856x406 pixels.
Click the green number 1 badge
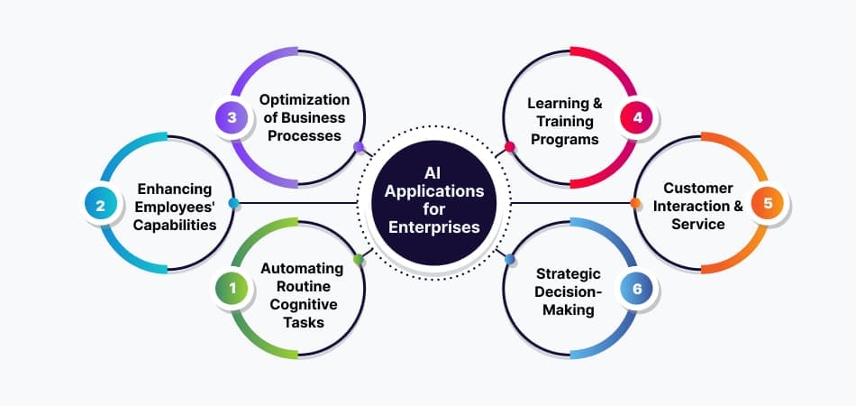click(x=232, y=288)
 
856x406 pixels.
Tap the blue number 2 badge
click(x=100, y=206)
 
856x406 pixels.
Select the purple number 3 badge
click(x=232, y=117)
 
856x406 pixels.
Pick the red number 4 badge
click(x=637, y=117)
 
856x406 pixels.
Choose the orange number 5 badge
click(x=768, y=203)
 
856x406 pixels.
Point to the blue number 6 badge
click(x=637, y=288)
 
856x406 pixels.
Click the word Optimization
click(x=304, y=100)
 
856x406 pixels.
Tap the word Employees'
click(x=174, y=208)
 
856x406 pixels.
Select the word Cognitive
click(x=304, y=304)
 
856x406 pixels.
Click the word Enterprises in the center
click(x=434, y=226)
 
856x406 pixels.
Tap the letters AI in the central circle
click(x=434, y=173)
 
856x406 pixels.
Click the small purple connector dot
click(x=359, y=146)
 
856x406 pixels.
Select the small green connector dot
click(x=359, y=259)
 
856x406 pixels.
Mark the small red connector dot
click(x=509, y=146)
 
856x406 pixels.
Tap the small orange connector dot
click(x=635, y=203)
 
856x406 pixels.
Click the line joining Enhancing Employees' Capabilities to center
click(x=297, y=203)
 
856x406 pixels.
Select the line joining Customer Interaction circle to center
click(x=570, y=203)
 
